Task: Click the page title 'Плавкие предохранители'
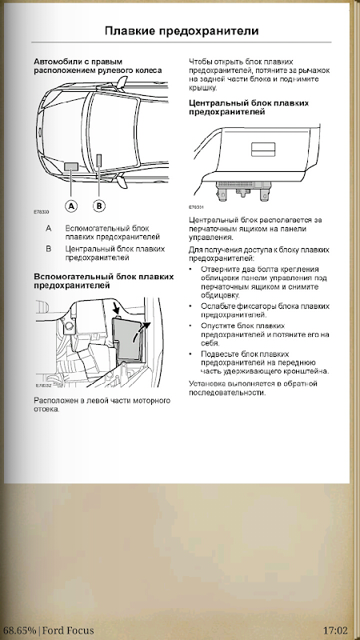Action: tap(182, 31)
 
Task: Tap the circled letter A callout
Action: tap(71, 206)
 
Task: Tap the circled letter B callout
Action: tap(98, 206)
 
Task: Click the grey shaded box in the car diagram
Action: tap(71, 166)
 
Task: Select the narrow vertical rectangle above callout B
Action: tap(99, 162)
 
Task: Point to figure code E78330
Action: tap(42, 212)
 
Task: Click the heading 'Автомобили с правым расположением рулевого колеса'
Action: tap(98, 66)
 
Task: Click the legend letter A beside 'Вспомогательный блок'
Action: tap(49, 228)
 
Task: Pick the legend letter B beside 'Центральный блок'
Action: tap(49, 249)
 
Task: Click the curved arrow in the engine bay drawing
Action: tap(141, 330)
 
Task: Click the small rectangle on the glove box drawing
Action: tap(263, 150)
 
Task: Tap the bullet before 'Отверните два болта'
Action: tap(191, 269)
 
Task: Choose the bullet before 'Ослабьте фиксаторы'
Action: tap(191, 306)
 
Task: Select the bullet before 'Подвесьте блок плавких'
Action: tap(191, 354)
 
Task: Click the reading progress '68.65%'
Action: tap(18, 630)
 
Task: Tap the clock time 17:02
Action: tap(335, 630)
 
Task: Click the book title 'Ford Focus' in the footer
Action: tap(68, 630)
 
